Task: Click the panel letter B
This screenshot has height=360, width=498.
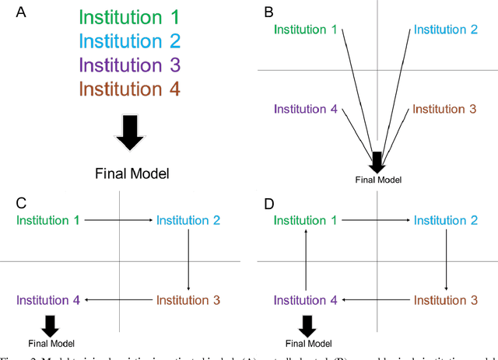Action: pos(268,12)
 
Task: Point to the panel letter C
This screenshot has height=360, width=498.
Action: pos(21,204)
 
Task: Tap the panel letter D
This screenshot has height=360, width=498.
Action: pos(268,204)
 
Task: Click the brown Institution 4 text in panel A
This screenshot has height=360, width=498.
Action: pos(129,89)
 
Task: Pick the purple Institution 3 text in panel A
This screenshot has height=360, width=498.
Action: pos(129,65)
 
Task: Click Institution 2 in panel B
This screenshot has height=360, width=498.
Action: pos(445,30)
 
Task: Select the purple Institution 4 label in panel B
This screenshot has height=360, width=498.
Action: pos(305,110)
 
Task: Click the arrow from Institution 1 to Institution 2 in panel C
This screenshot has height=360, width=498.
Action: pos(119,221)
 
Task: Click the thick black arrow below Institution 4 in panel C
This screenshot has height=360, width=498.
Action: pos(51,323)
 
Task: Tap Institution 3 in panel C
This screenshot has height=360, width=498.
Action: pos(189,299)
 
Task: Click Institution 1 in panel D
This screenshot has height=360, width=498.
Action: pos(305,221)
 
